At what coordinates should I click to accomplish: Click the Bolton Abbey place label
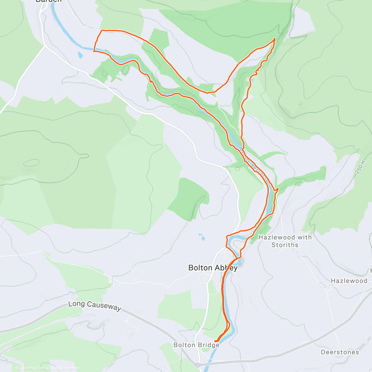[x=213, y=268]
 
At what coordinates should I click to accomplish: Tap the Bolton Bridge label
[x=196, y=345]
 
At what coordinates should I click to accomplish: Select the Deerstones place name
[x=340, y=352]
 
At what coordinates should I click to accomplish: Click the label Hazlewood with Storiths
[x=285, y=241]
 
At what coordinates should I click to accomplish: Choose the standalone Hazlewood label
[x=349, y=281]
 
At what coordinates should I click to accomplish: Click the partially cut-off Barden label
[x=48, y=1]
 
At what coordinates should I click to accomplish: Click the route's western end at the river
[x=94, y=51]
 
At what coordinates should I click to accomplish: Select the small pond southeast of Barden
[x=81, y=55]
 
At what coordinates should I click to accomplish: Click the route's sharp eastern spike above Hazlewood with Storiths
[x=278, y=188]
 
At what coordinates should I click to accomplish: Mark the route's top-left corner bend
[x=102, y=30]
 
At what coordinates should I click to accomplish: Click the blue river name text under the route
[x=253, y=164]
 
